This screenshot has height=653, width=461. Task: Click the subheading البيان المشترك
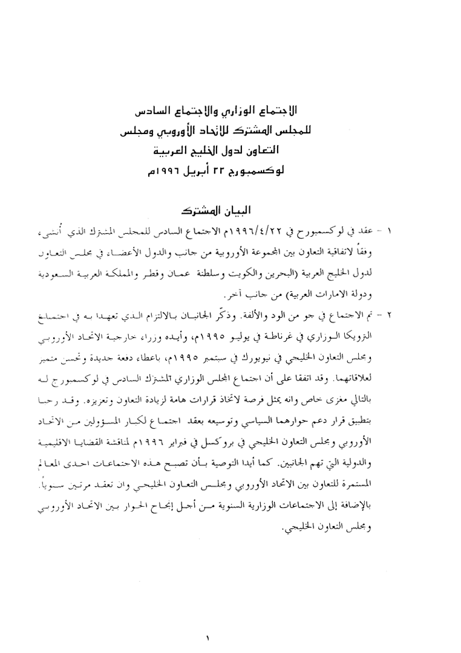pyautogui.click(x=218, y=213)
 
